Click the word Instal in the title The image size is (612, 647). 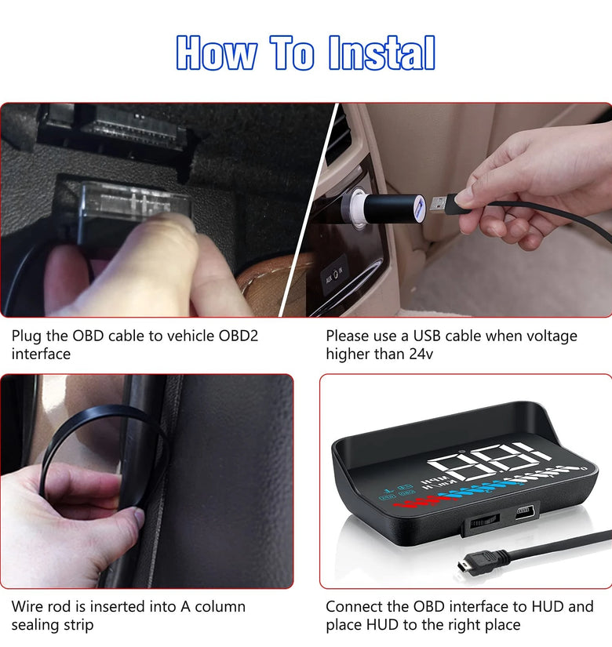click(381, 53)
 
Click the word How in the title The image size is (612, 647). click(216, 53)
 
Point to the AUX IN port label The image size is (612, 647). click(334, 274)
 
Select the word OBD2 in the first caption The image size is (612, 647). click(239, 336)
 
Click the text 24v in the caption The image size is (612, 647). click(421, 354)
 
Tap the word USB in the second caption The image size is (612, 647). click(427, 336)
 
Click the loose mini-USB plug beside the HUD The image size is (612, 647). click(475, 564)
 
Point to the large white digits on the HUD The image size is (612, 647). click(487, 461)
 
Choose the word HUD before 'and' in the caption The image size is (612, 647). click(547, 606)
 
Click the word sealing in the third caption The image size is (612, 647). click(38, 625)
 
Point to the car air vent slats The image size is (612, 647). click(338, 136)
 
